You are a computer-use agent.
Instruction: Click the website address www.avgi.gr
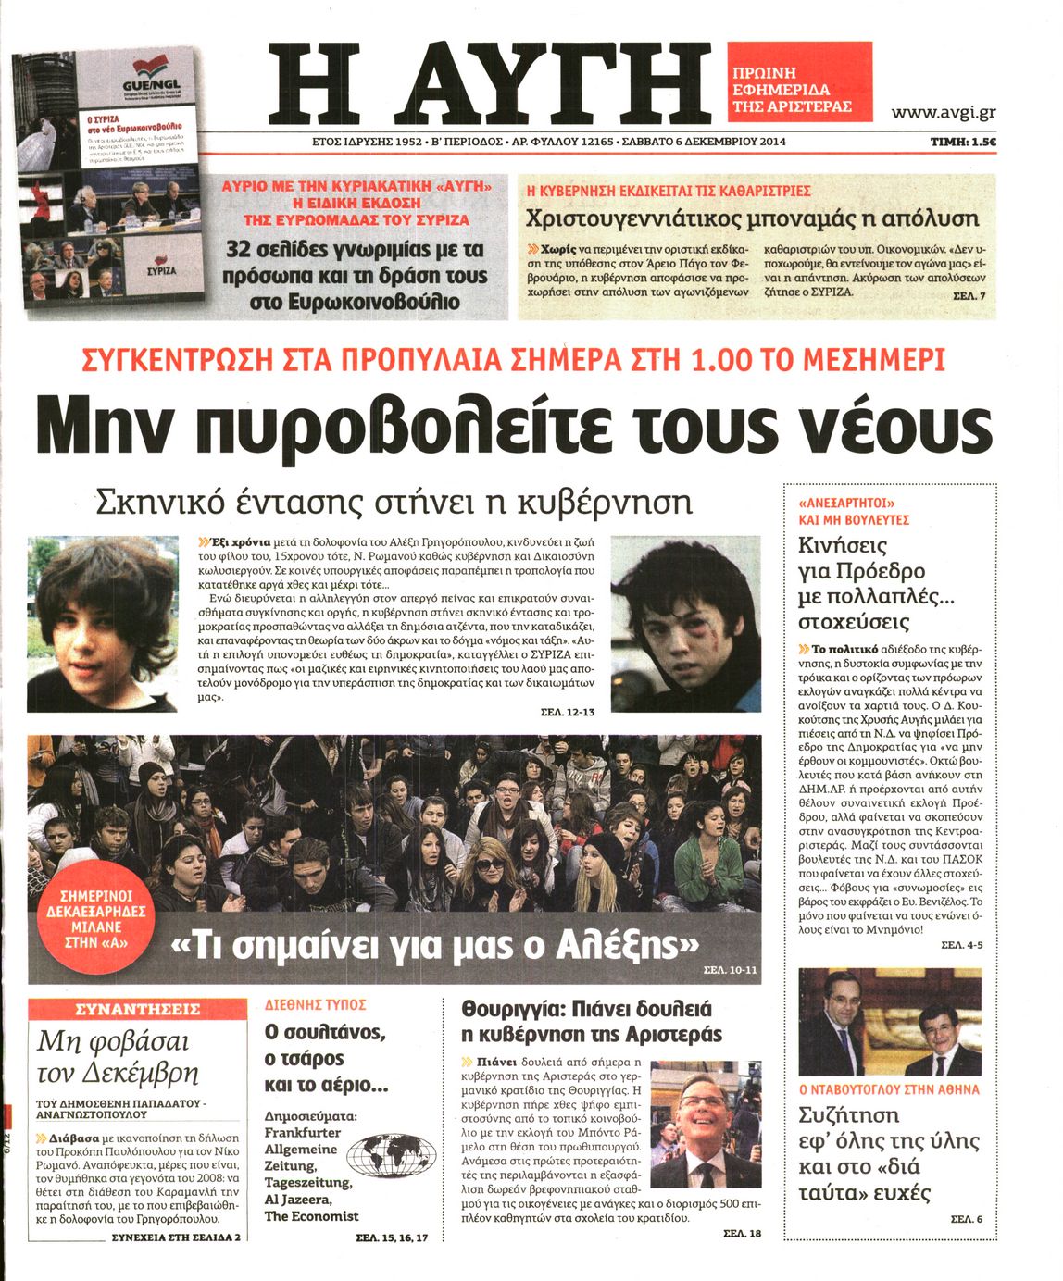pyautogui.click(x=943, y=113)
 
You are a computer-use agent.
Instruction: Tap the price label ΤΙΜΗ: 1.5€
pyautogui.click(x=963, y=142)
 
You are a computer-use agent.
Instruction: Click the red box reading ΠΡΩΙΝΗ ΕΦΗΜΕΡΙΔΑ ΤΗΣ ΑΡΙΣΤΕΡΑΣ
pyautogui.click(x=799, y=81)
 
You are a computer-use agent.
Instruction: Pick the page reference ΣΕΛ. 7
pyautogui.click(x=969, y=295)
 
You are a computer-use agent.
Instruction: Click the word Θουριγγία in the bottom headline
pyautogui.click(x=507, y=1008)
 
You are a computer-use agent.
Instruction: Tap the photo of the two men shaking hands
pyautogui.click(x=889, y=1021)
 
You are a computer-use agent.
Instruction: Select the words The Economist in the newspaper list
pyautogui.click(x=311, y=1215)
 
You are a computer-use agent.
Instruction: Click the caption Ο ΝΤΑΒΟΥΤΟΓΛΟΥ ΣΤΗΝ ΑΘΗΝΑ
pyautogui.click(x=889, y=1089)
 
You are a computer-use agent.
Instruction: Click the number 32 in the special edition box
pyautogui.click(x=244, y=250)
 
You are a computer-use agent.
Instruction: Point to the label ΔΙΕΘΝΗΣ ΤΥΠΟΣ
pyautogui.click(x=315, y=1004)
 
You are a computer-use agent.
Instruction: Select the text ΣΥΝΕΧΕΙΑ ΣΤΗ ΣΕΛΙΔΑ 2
pyautogui.click(x=175, y=1237)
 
